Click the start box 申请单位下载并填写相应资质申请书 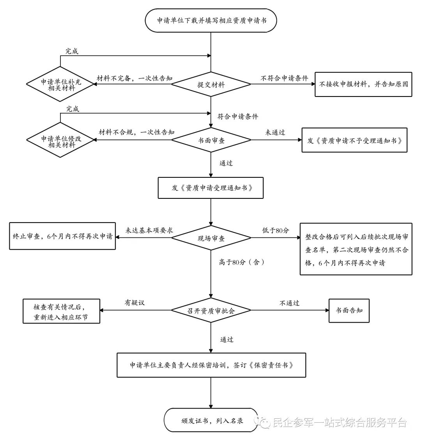(211, 21)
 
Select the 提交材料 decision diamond (211, 84)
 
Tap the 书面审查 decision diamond (211, 140)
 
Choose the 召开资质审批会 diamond (211, 310)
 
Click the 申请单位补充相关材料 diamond (60, 84)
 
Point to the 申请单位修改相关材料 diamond (60, 140)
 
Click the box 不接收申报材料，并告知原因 (363, 84)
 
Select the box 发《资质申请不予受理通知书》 (354, 140)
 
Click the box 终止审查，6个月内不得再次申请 (63, 236)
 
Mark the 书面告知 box (349, 311)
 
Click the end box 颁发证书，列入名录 (211, 420)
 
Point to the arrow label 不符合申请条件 (284, 78)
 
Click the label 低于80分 (276, 231)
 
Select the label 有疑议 (134, 302)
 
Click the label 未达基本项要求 (149, 230)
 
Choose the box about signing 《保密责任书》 (211, 365)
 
